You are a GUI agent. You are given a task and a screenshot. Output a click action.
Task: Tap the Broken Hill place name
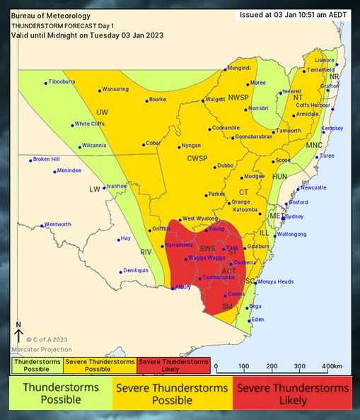point(47,159)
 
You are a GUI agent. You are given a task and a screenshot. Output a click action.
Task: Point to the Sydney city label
point(294,216)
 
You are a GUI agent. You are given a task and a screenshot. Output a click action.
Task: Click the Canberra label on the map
point(245,262)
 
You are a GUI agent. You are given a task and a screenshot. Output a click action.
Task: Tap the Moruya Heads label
point(276,281)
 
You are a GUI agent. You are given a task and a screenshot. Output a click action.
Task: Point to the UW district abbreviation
point(102,112)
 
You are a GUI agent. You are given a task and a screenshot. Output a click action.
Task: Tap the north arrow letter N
point(18,325)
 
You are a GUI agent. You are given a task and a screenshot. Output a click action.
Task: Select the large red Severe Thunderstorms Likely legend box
point(292,394)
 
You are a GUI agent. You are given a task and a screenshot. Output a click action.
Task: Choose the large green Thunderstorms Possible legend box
point(61,394)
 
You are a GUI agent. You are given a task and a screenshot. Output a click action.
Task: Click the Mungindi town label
point(239,68)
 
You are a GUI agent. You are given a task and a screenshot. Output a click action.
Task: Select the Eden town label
point(257,320)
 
